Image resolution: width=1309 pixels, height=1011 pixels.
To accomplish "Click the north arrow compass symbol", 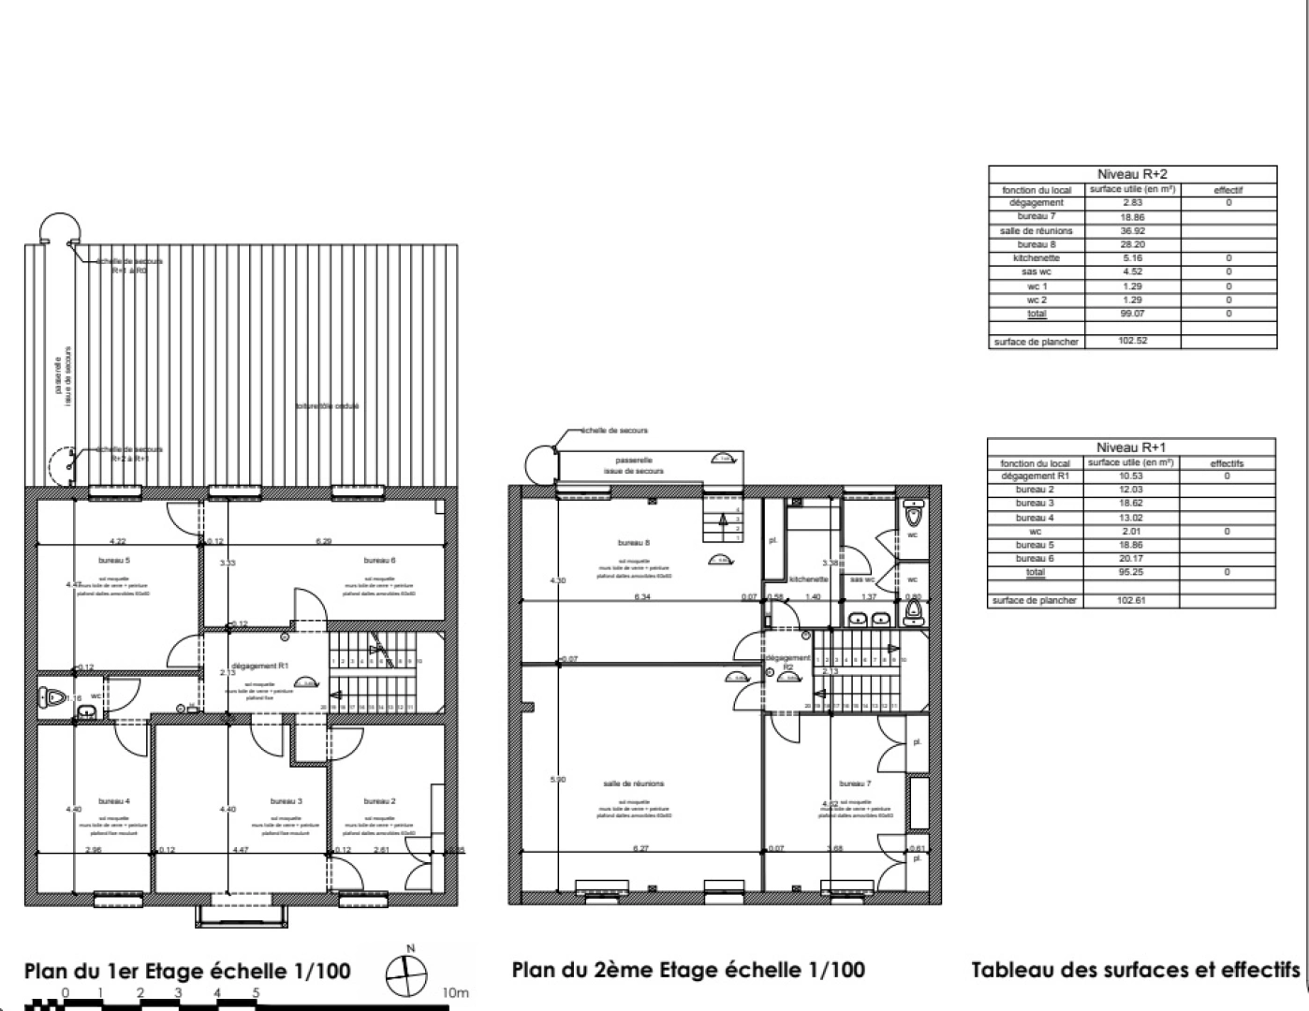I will [x=408, y=976].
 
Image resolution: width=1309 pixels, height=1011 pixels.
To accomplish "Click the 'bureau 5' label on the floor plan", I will [x=114, y=561].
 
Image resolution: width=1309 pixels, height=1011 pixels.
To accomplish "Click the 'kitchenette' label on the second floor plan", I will [x=809, y=579].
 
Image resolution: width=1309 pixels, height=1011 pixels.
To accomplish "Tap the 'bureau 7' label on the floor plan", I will [x=855, y=784].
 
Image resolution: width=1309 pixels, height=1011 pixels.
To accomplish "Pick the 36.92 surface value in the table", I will [x=1133, y=230].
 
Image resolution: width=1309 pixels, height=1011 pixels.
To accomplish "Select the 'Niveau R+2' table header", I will [x=1132, y=174].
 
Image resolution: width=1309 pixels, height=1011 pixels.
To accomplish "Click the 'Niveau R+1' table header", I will [x=1131, y=447].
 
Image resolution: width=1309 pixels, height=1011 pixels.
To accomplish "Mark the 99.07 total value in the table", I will [x=1133, y=314].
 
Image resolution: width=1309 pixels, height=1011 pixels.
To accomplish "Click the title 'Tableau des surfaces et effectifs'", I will [x=1135, y=970].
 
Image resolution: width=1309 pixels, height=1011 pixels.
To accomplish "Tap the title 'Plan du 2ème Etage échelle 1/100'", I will [x=688, y=970].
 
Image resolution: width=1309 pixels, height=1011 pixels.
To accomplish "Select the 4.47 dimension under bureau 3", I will [x=240, y=850].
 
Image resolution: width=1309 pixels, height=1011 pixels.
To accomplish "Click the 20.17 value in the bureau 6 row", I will [x=1133, y=559].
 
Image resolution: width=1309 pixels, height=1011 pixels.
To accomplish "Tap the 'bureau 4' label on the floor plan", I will [x=114, y=801].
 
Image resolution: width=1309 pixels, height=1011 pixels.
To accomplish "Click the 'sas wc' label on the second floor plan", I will [x=862, y=579].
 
